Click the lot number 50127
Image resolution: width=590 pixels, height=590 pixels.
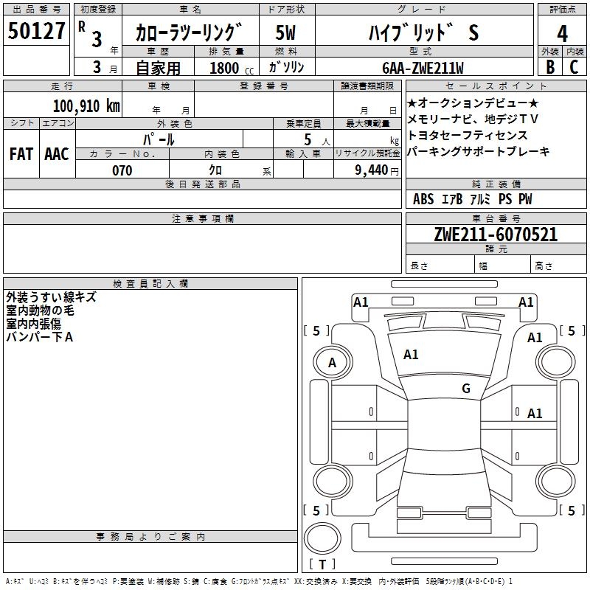click(36, 31)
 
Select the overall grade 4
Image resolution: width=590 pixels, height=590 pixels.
click(562, 34)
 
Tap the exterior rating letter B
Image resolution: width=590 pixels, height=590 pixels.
click(550, 67)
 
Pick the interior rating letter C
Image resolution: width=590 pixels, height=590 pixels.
click(574, 67)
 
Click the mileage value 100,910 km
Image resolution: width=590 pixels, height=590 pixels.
click(86, 106)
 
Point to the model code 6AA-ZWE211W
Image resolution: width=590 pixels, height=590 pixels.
click(423, 68)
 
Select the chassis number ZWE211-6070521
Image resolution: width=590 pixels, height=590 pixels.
click(496, 235)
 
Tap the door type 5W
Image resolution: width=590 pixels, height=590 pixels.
click(285, 32)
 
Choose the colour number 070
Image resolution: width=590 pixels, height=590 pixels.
click(122, 170)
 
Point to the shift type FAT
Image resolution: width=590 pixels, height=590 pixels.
click(21, 154)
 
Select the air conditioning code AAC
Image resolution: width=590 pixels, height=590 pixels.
click(57, 154)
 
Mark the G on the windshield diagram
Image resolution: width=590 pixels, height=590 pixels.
click(466, 388)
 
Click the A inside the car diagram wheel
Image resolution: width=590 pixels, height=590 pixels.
click(332, 363)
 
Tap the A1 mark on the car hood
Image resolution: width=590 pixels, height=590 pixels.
click(411, 355)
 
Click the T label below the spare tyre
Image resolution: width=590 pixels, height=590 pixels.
click(322, 564)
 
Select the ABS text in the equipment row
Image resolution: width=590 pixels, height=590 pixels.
click(423, 199)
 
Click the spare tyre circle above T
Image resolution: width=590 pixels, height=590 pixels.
click(322, 538)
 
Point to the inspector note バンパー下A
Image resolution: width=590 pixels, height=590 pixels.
click(40, 337)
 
